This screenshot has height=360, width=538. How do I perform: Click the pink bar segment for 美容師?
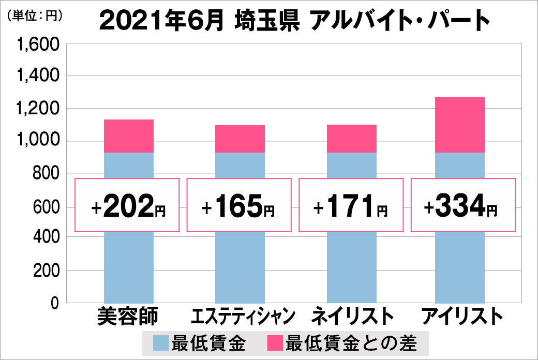129,136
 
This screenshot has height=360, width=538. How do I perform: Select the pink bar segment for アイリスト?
460,125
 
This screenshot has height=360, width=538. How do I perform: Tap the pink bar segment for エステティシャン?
240,139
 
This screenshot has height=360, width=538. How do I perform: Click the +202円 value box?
127,205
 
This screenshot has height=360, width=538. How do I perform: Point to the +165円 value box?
239,205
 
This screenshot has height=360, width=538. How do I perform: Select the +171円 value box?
351,205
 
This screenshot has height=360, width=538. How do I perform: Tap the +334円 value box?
463,205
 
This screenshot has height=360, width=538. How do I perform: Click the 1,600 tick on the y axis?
39,44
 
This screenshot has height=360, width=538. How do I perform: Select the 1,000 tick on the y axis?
39,142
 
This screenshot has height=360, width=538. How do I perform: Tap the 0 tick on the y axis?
53,303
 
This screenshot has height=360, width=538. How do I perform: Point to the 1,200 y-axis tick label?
39,109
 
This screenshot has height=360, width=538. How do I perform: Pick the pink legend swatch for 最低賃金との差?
274,343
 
